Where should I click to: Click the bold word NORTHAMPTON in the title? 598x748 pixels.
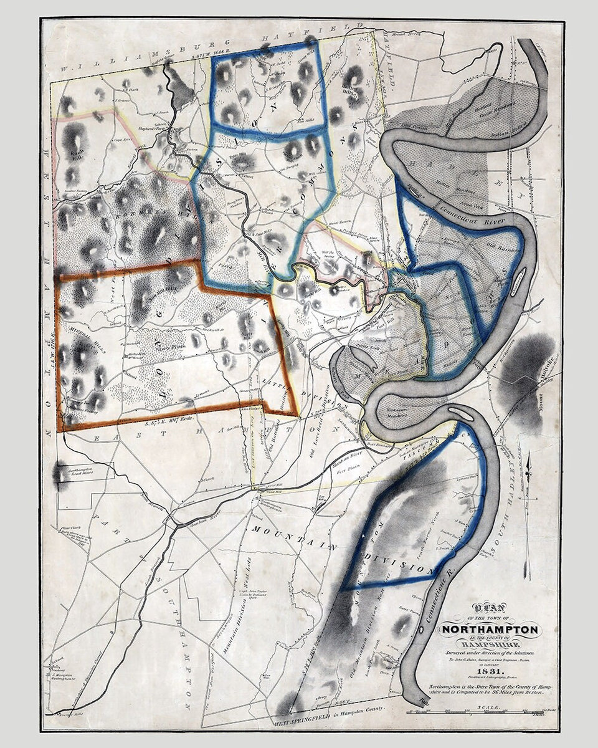click(490, 629)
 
